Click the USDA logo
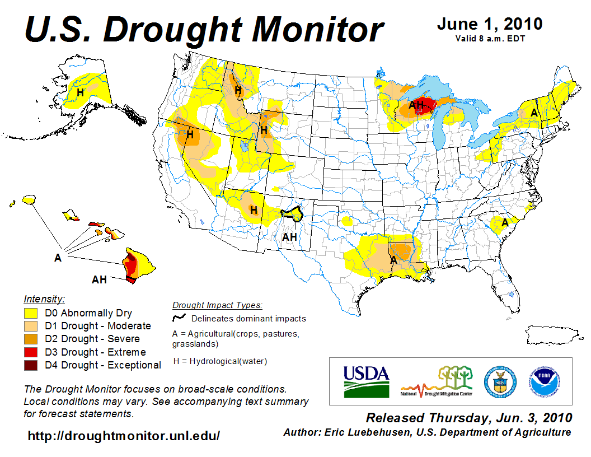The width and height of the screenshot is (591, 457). point(366,381)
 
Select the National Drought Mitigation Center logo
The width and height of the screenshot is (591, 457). point(437,381)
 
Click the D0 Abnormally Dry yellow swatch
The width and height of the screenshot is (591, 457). point(30,313)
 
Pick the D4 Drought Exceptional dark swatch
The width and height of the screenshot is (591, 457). point(30,365)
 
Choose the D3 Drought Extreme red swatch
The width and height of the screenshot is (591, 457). point(30,352)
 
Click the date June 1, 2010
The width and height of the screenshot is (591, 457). point(489,24)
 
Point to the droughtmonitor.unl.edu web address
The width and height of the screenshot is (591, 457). point(124,435)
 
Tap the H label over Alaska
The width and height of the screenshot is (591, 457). point(81,92)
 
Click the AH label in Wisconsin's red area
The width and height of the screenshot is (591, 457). point(416,104)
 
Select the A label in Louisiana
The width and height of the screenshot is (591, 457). point(393,260)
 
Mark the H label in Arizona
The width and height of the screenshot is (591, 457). point(254,210)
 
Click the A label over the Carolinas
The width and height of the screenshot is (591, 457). point(505,222)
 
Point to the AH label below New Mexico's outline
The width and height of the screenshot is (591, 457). point(289,237)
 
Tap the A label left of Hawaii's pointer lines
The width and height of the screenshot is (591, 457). point(58,258)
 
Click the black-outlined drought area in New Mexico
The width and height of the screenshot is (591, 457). point(291,213)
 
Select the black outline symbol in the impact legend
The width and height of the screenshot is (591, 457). point(179,318)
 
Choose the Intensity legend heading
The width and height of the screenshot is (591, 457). point(44,299)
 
